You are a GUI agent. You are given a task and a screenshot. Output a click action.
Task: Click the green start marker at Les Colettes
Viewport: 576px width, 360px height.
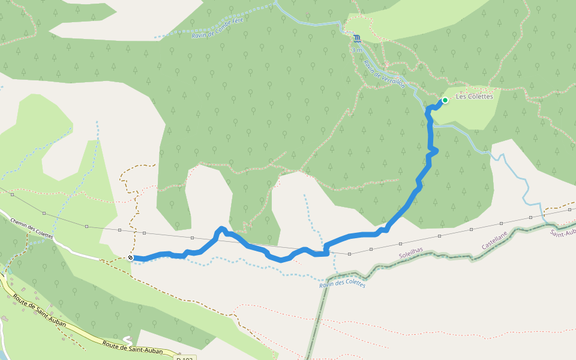coord(445,100)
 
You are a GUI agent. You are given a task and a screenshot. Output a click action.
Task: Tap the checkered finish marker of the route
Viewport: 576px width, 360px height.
coord(130,257)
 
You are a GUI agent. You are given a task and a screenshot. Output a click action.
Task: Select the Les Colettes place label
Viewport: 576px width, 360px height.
coord(474,97)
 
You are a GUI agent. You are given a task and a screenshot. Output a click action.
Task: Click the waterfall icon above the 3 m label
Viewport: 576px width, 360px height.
coord(358,38)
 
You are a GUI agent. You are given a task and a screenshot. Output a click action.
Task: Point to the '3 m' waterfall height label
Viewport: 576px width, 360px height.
coord(357,50)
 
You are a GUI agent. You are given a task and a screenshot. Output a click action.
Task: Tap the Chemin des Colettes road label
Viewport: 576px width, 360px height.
coord(32,229)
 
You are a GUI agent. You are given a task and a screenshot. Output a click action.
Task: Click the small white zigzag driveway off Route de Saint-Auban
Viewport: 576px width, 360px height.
coord(127,340)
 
